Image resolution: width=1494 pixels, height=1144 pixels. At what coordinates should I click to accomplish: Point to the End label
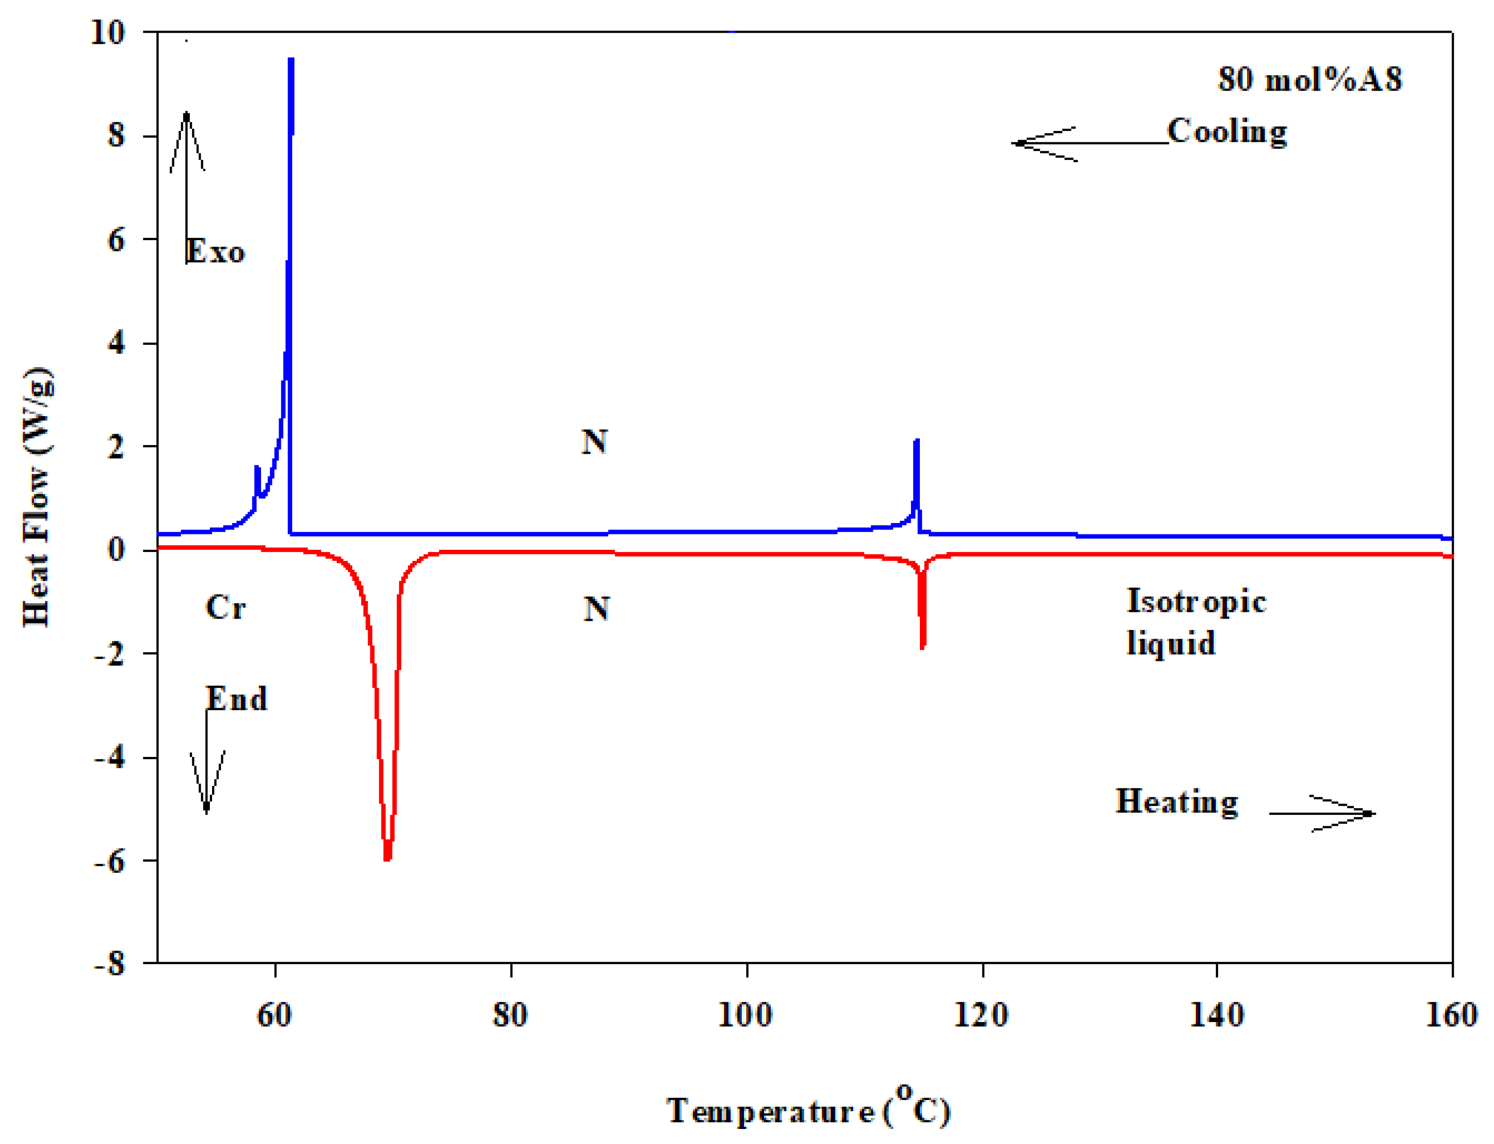(236, 698)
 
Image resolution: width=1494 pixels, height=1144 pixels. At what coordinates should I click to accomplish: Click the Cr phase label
(225, 607)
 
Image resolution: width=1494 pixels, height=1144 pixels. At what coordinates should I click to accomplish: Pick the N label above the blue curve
(594, 442)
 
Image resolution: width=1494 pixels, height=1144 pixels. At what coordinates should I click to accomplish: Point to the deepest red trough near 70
(387, 858)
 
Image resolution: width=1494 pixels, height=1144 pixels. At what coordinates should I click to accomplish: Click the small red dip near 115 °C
(922, 645)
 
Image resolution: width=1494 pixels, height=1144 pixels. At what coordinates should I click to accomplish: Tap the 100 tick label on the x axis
(745, 1015)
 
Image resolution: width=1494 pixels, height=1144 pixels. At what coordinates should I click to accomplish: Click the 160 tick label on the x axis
(1451, 1015)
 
